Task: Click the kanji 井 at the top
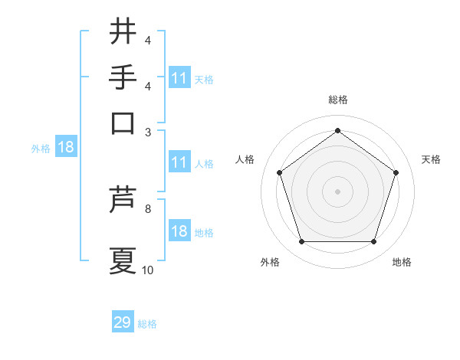pyautogui.click(x=123, y=32)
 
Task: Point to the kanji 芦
pyautogui.click(x=123, y=200)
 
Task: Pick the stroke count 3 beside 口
pyautogui.click(x=149, y=131)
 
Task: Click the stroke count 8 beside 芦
pyautogui.click(x=149, y=208)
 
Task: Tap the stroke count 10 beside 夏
pyautogui.click(x=148, y=270)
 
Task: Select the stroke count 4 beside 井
pyautogui.click(x=149, y=41)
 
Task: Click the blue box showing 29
pyautogui.click(x=123, y=322)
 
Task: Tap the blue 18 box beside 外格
pyautogui.click(x=66, y=148)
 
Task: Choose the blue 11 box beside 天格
pyautogui.click(x=179, y=78)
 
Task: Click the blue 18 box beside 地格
pyautogui.click(x=179, y=231)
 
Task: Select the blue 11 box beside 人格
pyautogui.click(x=179, y=162)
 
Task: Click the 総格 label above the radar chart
pyautogui.click(x=337, y=100)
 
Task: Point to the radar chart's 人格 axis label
pyautogui.click(x=245, y=159)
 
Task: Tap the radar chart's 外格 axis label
pyautogui.click(x=270, y=262)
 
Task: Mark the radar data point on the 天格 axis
pyautogui.click(x=396, y=172)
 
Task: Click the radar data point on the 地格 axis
pyautogui.click(x=373, y=241)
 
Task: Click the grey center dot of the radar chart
pyautogui.click(x=337, y=191)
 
